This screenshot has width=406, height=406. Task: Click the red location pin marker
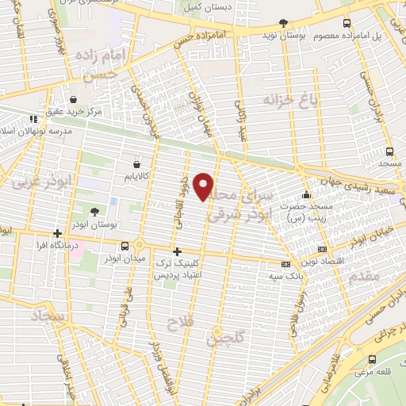(205, 186)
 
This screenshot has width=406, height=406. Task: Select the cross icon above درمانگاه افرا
(57, 233)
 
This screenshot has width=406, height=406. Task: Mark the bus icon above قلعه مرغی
(370, 358)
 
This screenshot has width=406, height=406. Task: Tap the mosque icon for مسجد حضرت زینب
(307, 195)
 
